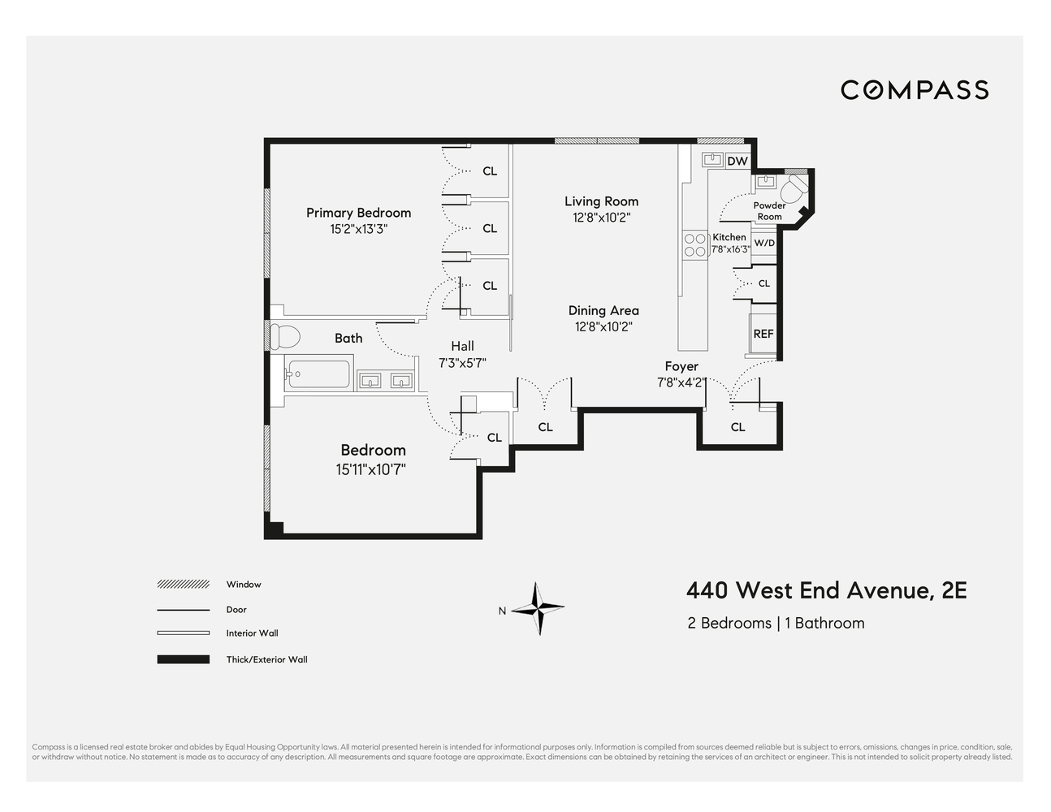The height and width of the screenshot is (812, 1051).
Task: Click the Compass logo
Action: [915, 89]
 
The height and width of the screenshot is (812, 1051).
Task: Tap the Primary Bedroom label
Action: [358, 213]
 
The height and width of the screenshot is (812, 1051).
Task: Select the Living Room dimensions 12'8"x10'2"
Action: [601, 218]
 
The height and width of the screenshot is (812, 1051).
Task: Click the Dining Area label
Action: [603, 310]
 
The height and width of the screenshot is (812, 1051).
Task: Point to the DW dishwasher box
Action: [737, 161]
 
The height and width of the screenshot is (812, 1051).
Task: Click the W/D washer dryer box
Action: [764, 243]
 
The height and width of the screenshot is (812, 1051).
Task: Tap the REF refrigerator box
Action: [763, 334]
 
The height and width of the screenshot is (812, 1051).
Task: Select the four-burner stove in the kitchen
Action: [695, 245]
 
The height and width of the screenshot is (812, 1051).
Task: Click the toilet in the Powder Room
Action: [792, 190]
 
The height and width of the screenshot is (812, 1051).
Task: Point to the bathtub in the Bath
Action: [318, 374]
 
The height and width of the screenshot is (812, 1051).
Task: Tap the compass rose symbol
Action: [537, 607]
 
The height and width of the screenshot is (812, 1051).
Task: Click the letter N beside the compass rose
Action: [502, 611]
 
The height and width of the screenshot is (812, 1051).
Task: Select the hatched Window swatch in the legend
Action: [183, 585]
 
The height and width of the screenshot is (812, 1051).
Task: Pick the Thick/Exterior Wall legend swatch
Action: [183, 659]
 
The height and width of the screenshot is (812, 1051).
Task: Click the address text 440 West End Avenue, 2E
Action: [826, 590]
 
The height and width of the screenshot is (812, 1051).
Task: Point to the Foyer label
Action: [681, 366]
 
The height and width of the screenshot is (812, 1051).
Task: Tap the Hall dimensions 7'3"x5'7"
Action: [462, 363]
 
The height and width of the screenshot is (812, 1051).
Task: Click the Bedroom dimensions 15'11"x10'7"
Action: [370, 469]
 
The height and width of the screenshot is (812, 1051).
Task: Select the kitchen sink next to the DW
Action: [713, 159]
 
